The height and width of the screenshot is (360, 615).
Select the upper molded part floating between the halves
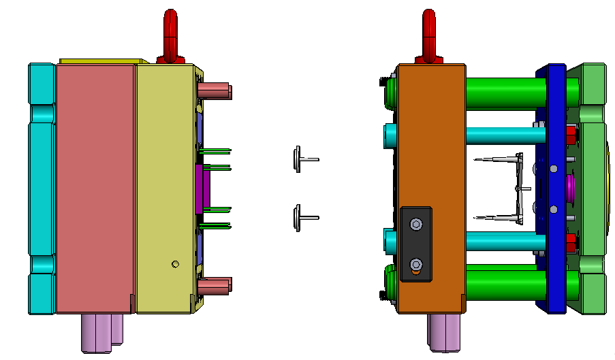click(300, 159)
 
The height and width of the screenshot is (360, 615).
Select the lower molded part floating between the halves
click(300, 218)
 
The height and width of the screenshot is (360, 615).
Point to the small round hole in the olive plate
click(176, 263)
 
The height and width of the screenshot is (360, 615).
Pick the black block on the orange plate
click(416, 244)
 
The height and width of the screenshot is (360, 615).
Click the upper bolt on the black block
click(415, 223)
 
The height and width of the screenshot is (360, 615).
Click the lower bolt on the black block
click(415, 264)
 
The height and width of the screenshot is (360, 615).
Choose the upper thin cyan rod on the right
click(504, 134)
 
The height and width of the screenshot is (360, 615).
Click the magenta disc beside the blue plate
click(569, 186)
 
